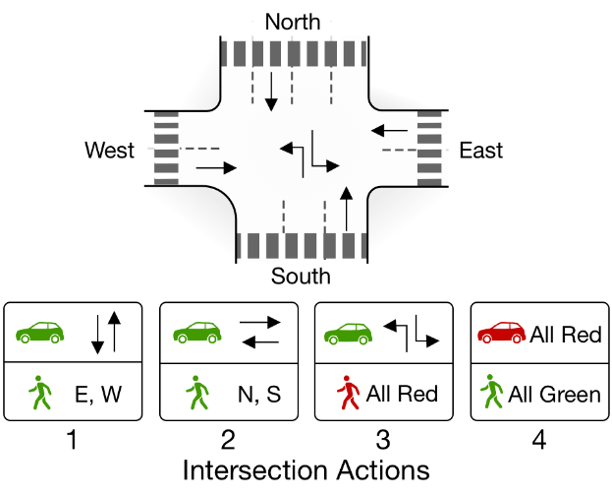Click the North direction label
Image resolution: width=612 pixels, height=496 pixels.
[x=293, y=22]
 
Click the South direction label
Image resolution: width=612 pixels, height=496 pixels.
[x=301, y=277]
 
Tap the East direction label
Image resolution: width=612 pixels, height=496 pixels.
[x=480, y=151]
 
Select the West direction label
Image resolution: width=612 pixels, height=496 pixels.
[x=110, y=151]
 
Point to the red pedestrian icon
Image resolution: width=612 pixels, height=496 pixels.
[x=348, y=394]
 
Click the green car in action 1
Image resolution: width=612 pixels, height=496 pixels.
[x=40, y=333]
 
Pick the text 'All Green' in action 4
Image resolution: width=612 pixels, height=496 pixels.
[x=554, y=395]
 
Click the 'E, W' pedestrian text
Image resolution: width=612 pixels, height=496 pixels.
[x=100, y=395]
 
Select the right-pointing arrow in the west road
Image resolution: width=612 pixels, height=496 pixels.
[x=216, y=168]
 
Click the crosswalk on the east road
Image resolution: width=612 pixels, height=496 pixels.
[x=429, y=149]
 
